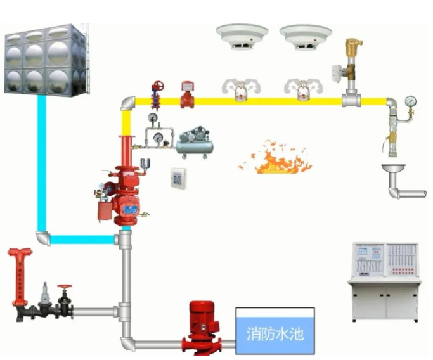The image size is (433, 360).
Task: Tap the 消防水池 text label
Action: (275, 333)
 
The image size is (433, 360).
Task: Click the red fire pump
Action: (202, 328)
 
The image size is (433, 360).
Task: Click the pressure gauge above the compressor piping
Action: (153, 118)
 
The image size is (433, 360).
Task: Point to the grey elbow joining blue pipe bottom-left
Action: (44, 238)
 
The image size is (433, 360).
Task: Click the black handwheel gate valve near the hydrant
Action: (63, 301)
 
